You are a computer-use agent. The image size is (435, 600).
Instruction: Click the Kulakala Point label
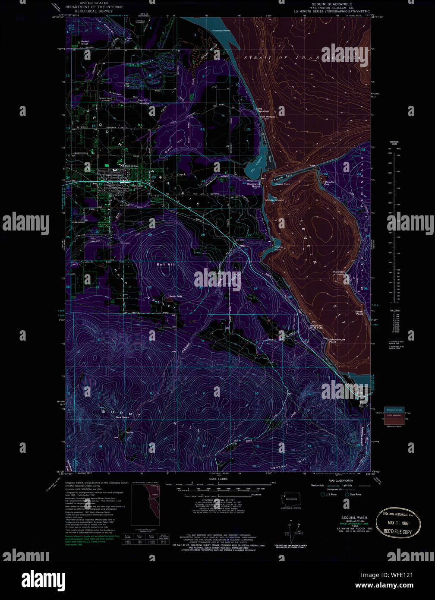221,31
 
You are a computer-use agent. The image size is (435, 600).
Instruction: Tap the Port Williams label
267,117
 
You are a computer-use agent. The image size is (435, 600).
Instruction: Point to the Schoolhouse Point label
337,340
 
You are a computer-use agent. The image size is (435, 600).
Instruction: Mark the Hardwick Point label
339,273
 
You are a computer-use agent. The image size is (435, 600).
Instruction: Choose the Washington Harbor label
254,185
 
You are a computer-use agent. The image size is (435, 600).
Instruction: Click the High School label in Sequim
132,166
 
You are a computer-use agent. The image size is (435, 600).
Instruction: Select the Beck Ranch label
123,417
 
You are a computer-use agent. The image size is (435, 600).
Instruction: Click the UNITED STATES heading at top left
94,3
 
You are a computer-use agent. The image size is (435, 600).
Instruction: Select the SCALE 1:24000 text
218,479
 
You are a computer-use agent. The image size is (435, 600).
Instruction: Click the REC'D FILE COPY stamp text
397,532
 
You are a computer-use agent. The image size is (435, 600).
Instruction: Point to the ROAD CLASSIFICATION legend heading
340,480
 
